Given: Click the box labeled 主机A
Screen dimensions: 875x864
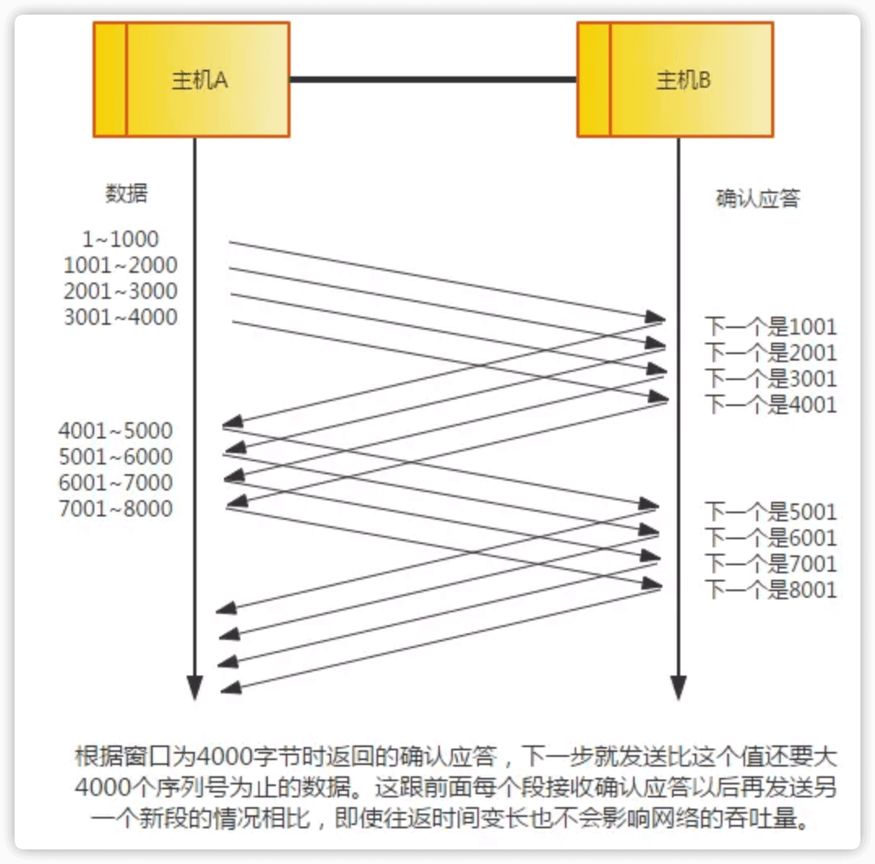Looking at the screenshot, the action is [192, 80].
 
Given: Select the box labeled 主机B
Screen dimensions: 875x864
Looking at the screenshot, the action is [675, 80].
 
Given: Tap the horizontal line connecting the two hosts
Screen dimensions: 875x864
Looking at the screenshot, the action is [433, 80].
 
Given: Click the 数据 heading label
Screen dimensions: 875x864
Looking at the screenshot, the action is [127, 194].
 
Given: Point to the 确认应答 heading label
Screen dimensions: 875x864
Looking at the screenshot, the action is [757, 199].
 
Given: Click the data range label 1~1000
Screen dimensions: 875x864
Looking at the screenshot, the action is [120, 240].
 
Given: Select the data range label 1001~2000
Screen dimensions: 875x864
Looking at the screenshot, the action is [120, 266].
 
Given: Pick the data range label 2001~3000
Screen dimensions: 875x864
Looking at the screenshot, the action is [120, 292].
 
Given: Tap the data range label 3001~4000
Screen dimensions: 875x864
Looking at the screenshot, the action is [120, 318].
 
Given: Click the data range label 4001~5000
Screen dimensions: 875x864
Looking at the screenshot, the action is [116, 430].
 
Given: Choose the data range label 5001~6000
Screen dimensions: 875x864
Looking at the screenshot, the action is [116, 456].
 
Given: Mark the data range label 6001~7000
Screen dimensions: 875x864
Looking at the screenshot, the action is [116, 482].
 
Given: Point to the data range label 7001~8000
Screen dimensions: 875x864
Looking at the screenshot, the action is [116, 509].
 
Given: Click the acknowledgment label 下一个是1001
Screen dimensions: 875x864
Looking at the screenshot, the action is [770, 327].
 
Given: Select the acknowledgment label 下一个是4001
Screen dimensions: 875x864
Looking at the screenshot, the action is [770, 404].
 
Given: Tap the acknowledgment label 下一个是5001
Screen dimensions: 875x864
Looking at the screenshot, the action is [770, 512].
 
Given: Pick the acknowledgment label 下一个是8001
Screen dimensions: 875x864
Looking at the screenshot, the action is [770, 589].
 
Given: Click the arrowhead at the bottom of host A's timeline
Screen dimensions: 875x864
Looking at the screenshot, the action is [194, 687].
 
